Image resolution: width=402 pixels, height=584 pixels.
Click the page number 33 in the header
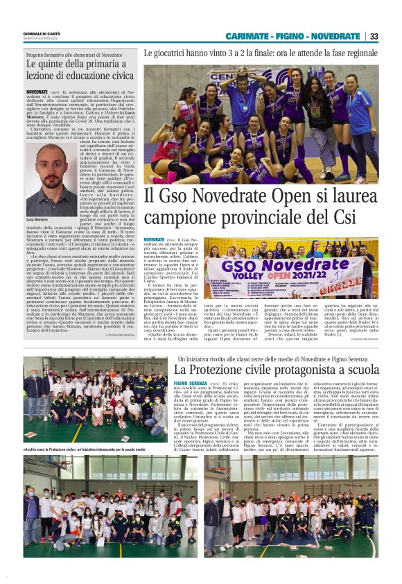(x=374, y=36)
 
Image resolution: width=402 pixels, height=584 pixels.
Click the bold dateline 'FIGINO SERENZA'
(x=191, y=383)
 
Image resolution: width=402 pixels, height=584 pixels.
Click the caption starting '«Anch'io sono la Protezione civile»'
(x=90, y=451)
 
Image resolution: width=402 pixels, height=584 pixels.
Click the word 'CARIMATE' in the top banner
(x=247, y=36)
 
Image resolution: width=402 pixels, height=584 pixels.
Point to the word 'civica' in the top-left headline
(x=115, y=76)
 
